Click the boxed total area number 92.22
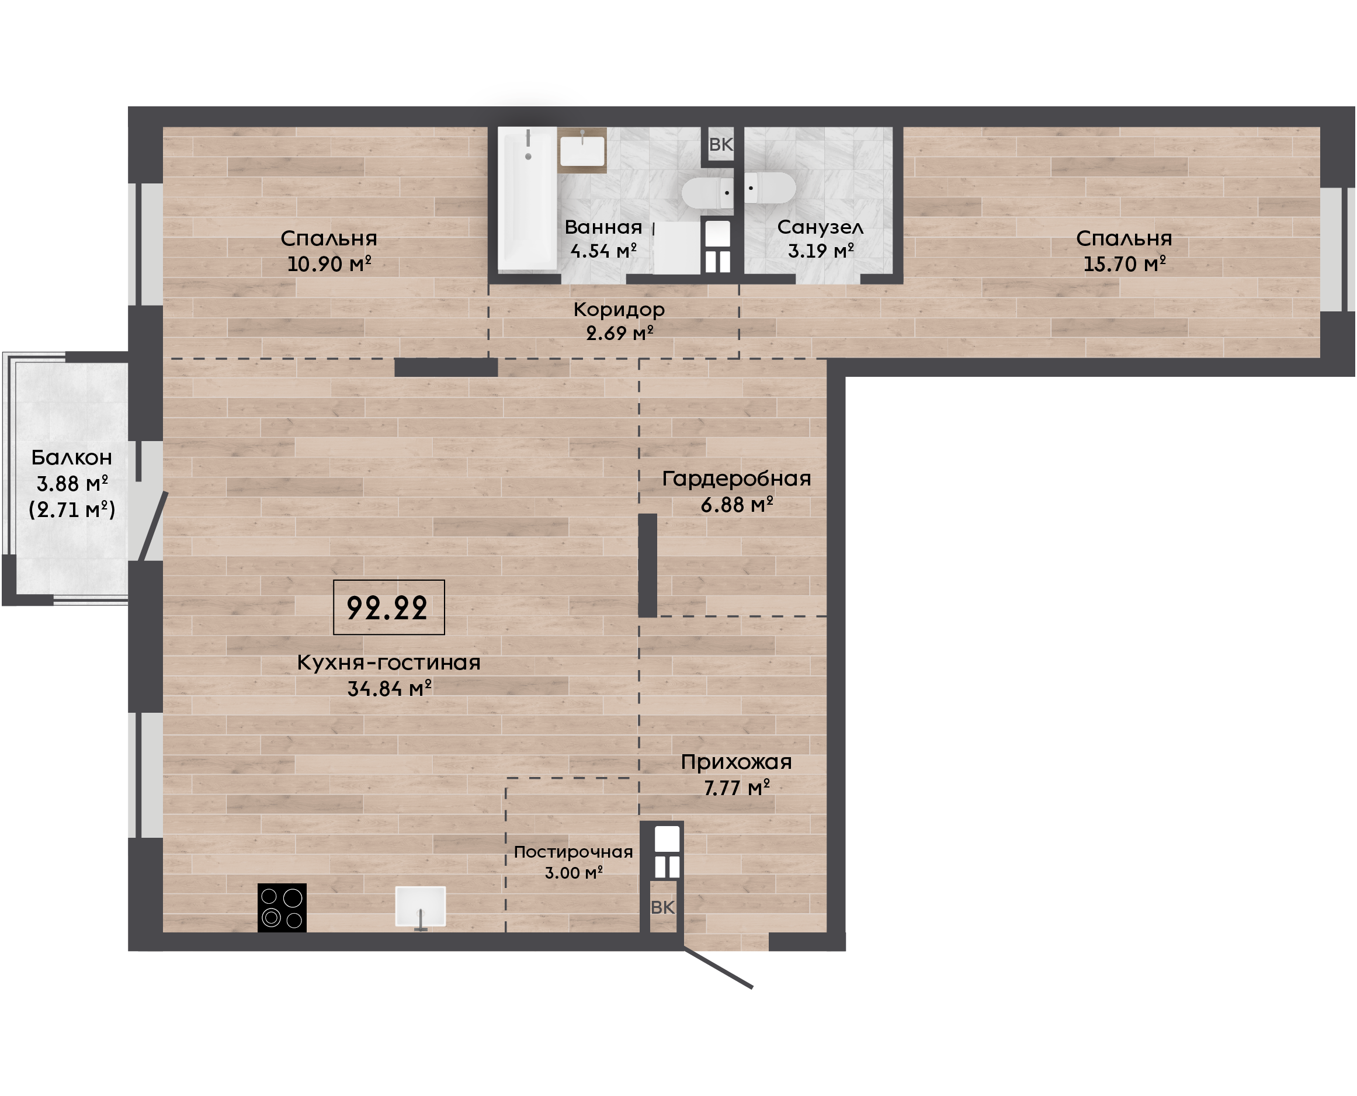387,608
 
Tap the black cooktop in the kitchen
282,907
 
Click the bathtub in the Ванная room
527,199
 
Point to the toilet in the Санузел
769,188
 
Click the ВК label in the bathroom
721,144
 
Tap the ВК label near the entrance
662,907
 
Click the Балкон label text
72,457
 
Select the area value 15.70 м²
1124,263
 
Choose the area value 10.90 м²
329,263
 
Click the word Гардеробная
737,478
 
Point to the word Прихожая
736,762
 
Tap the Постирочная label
573,852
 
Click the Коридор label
619,310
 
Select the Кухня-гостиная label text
389,663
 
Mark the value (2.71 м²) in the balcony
72,509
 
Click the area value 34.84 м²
390,688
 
